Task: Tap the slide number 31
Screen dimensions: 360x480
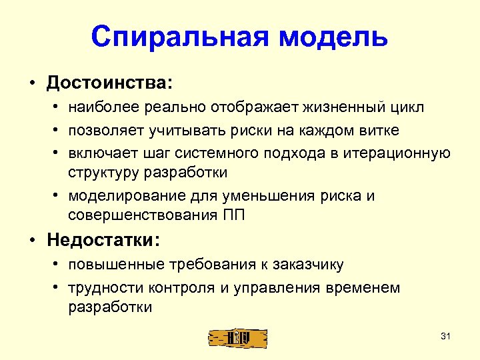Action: click(446, 336)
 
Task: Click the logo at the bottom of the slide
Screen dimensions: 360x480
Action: click(237, 338)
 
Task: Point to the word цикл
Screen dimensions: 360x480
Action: click(407, 107)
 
